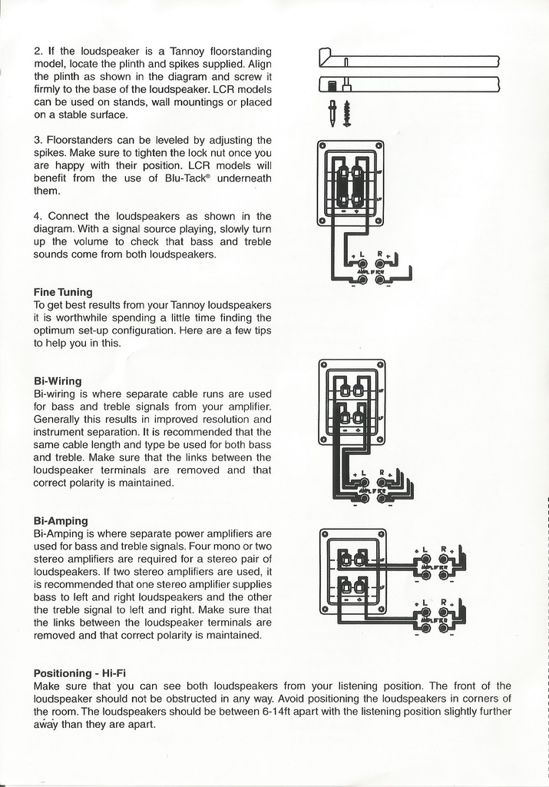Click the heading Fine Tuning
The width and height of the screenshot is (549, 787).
(63, 292)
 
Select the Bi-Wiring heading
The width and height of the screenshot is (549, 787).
(58, 380)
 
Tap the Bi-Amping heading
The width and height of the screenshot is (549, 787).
(61, 520)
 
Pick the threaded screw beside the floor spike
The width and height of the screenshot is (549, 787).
(347, 113)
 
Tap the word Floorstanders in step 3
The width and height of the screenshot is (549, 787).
(82, 140)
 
